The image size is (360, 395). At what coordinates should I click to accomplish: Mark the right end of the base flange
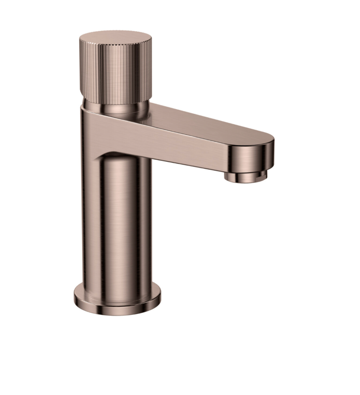(x=160, y=297)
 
